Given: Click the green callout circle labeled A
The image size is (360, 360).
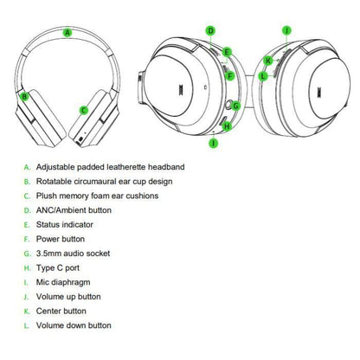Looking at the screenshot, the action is coord(67,33).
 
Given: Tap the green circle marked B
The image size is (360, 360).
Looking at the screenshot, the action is coord(25,96).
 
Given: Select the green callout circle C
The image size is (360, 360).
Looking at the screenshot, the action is coord(84,110).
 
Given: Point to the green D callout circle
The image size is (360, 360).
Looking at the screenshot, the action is coord(211,30).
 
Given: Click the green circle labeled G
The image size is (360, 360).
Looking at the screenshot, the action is coord(235,106).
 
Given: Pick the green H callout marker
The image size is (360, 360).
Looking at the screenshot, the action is coord(228,126).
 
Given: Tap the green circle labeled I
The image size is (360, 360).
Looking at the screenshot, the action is coord(214,143).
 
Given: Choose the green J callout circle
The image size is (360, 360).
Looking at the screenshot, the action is coord(286,30).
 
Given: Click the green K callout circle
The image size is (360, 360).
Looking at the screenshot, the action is coord(268,61).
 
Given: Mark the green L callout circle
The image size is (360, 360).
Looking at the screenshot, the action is coord(263,76).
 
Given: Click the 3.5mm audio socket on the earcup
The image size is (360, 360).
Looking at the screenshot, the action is coord(228,105).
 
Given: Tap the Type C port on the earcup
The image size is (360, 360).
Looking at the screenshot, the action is coord(224,120).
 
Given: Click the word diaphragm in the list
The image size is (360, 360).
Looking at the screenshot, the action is coord(73,282).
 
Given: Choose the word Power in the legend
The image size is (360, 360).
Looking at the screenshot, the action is coord(47,239).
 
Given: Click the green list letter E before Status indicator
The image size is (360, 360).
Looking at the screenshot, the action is coord(27,225).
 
